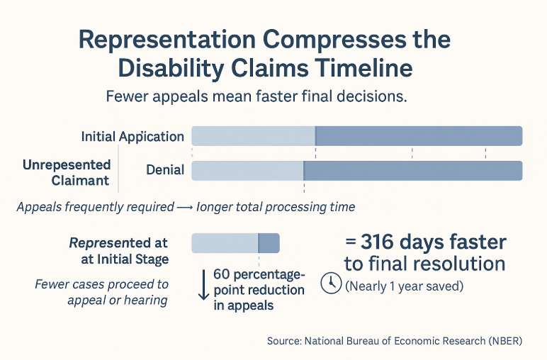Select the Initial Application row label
[x=132, y=136]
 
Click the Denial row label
[x=165, y=170]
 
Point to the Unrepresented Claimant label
[x=66, y=172]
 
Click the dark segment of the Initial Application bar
[x=419, y=135]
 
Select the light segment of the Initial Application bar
[x=253, y=135]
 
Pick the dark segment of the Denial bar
[x=413, y=170]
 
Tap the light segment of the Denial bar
[x=247, y=170]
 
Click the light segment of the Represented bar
[x=225, y=243]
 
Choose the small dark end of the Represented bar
[x=269, y=243]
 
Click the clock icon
[x=331, y=283]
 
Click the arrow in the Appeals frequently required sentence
[x=185, y=208]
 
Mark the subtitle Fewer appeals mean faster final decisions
[x=256, y=97]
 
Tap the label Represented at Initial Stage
[x=119, y=251]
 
